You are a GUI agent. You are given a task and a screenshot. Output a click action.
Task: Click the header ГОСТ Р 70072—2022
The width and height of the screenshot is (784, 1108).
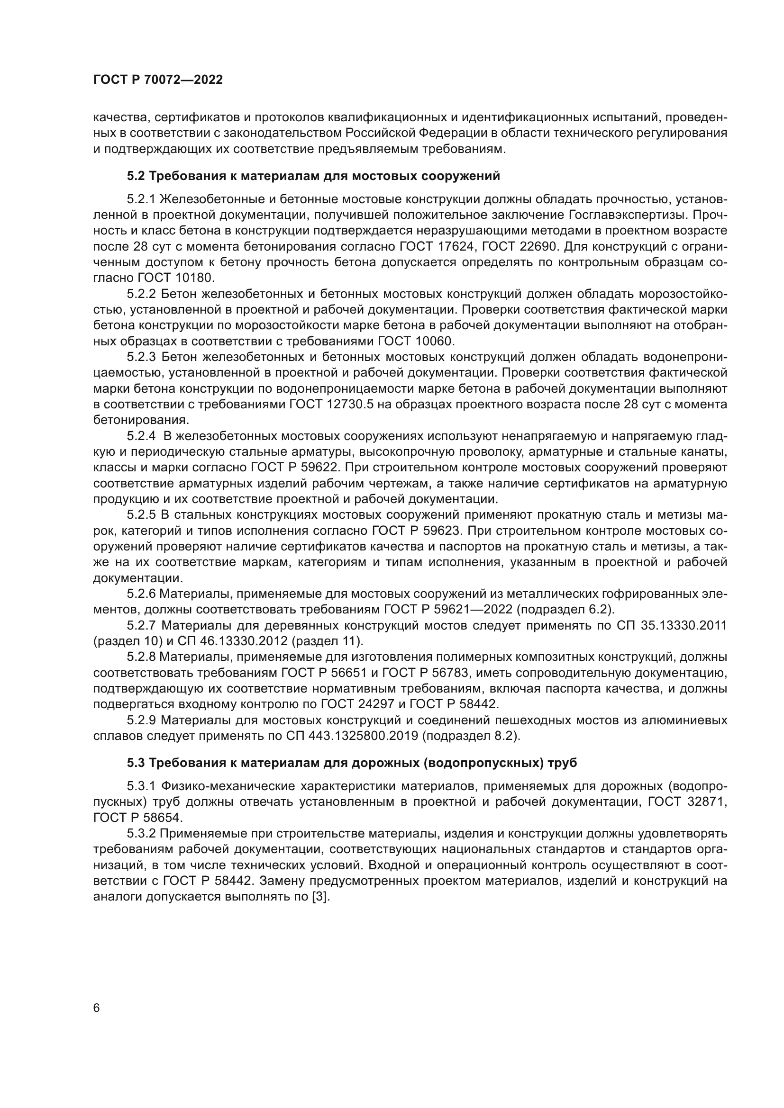pyautogui.click(x=158, y=80)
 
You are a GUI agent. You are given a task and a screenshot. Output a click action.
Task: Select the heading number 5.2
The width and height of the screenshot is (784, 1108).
pyautogui.click(x=136, y=176)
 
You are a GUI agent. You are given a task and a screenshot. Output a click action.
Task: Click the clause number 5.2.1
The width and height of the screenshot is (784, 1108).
pyautogui.click(x=141, y=199)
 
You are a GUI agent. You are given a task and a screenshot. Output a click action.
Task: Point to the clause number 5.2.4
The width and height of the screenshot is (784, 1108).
pyautogui.click(x=141, y=436)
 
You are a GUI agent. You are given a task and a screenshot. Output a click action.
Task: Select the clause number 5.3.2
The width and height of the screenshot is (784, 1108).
pyautogui.click(x=141, y=833)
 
